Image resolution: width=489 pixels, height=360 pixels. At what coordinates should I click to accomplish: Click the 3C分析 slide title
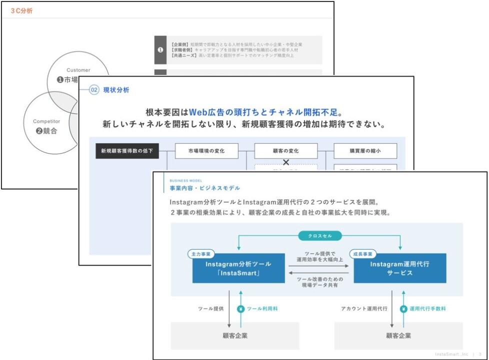[21, 10]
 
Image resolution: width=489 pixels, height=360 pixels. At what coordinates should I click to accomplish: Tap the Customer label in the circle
[78, 70]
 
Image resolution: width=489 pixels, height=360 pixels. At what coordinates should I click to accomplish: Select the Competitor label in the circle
[46, 121]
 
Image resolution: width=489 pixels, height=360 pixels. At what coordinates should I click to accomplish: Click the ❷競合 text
[47, 131]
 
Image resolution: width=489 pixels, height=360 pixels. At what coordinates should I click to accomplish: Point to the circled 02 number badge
[94, 90]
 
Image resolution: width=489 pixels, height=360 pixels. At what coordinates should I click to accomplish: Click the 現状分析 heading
[116, 90]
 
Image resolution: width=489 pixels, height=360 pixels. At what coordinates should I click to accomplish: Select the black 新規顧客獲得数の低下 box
[127, 150]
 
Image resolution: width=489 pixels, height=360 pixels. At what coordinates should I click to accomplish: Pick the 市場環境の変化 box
[206, 150]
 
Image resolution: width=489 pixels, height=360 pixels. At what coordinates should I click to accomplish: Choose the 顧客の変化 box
[286, 150]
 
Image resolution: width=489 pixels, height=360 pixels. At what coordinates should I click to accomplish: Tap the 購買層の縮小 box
[365, 150]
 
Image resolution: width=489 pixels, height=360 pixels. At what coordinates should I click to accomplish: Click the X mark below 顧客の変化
[286, 162]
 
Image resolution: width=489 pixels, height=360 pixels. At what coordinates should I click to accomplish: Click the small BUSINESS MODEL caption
[186, 180]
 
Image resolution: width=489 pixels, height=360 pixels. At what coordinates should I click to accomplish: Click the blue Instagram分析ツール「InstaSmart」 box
[238, 268]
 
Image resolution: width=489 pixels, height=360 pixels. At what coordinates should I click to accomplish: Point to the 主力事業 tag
[200, 253]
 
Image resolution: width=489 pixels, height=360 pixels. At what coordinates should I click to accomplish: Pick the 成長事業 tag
[362, 253]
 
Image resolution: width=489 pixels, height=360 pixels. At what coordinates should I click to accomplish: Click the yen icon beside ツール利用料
[240, 309]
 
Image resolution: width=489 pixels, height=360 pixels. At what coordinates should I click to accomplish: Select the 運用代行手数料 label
[427, 309]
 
